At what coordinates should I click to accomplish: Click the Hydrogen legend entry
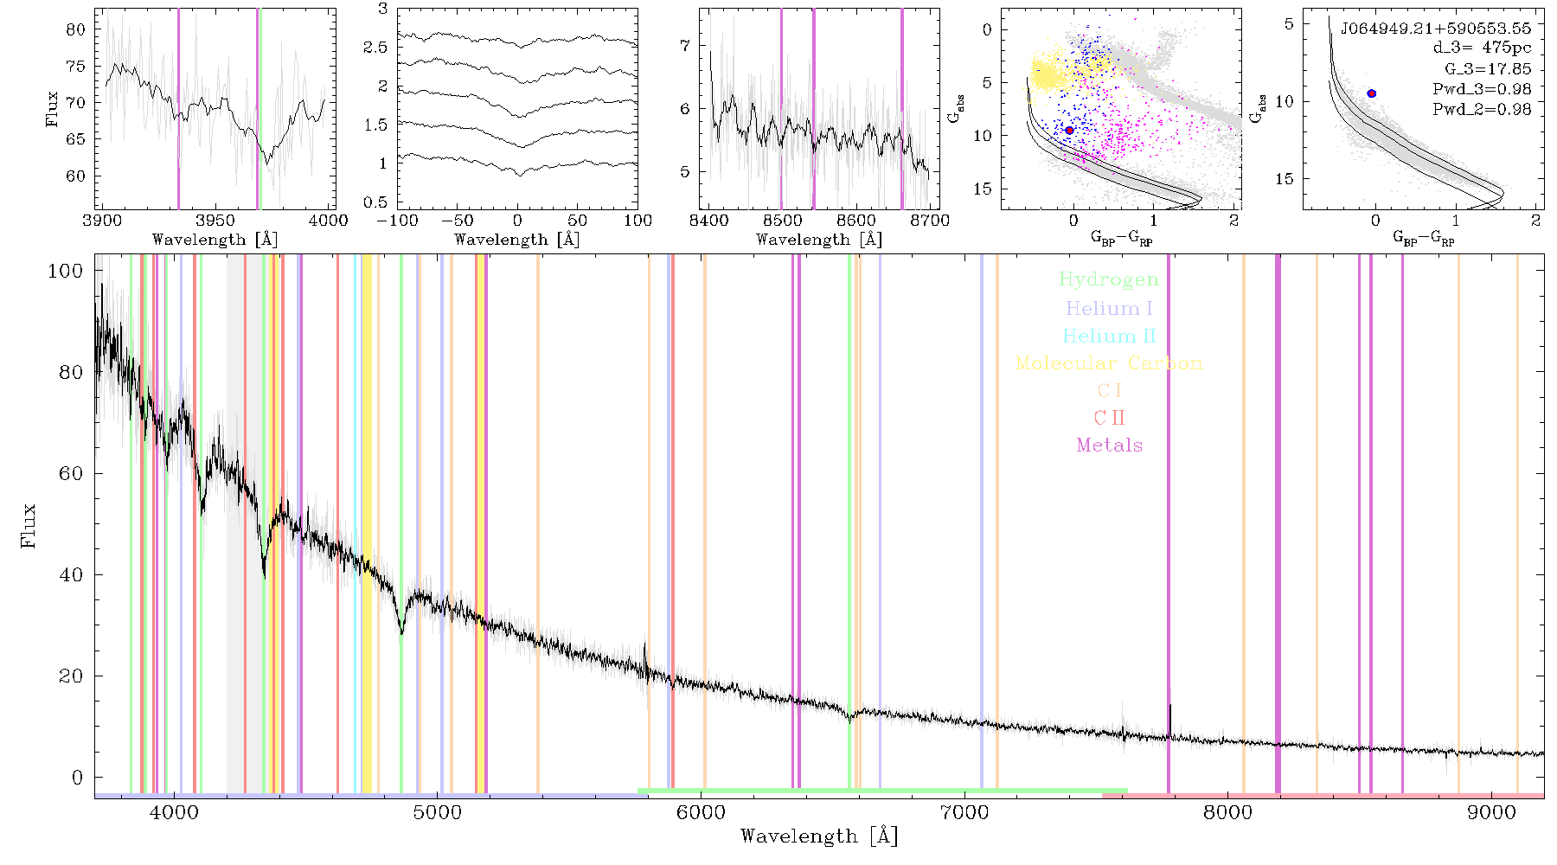[x=1108, y=279]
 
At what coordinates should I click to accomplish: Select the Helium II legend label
[x=1109, y=336]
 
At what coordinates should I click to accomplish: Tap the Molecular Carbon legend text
[x=1109, y=363]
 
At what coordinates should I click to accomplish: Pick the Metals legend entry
[x=1110, y=445]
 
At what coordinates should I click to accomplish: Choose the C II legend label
[x=1110, y=418]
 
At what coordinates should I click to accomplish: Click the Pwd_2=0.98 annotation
[x=1482, y=110]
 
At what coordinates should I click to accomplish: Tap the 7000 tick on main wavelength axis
[x=964, y=813]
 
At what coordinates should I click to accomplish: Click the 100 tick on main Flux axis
[x=66, y=271]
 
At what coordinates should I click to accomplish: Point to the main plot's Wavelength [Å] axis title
[x=819, y=836]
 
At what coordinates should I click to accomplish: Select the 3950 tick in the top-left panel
[x=215, y=221]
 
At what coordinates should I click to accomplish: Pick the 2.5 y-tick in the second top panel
[x=375, y=48]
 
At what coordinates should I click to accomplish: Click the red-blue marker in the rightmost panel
[x=1371, y=93]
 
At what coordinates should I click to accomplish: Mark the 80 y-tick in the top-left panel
[x=76, y=29]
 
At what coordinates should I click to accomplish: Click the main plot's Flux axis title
[x=29, y=526]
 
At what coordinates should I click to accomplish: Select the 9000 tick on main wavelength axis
[x=1491, y=813]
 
